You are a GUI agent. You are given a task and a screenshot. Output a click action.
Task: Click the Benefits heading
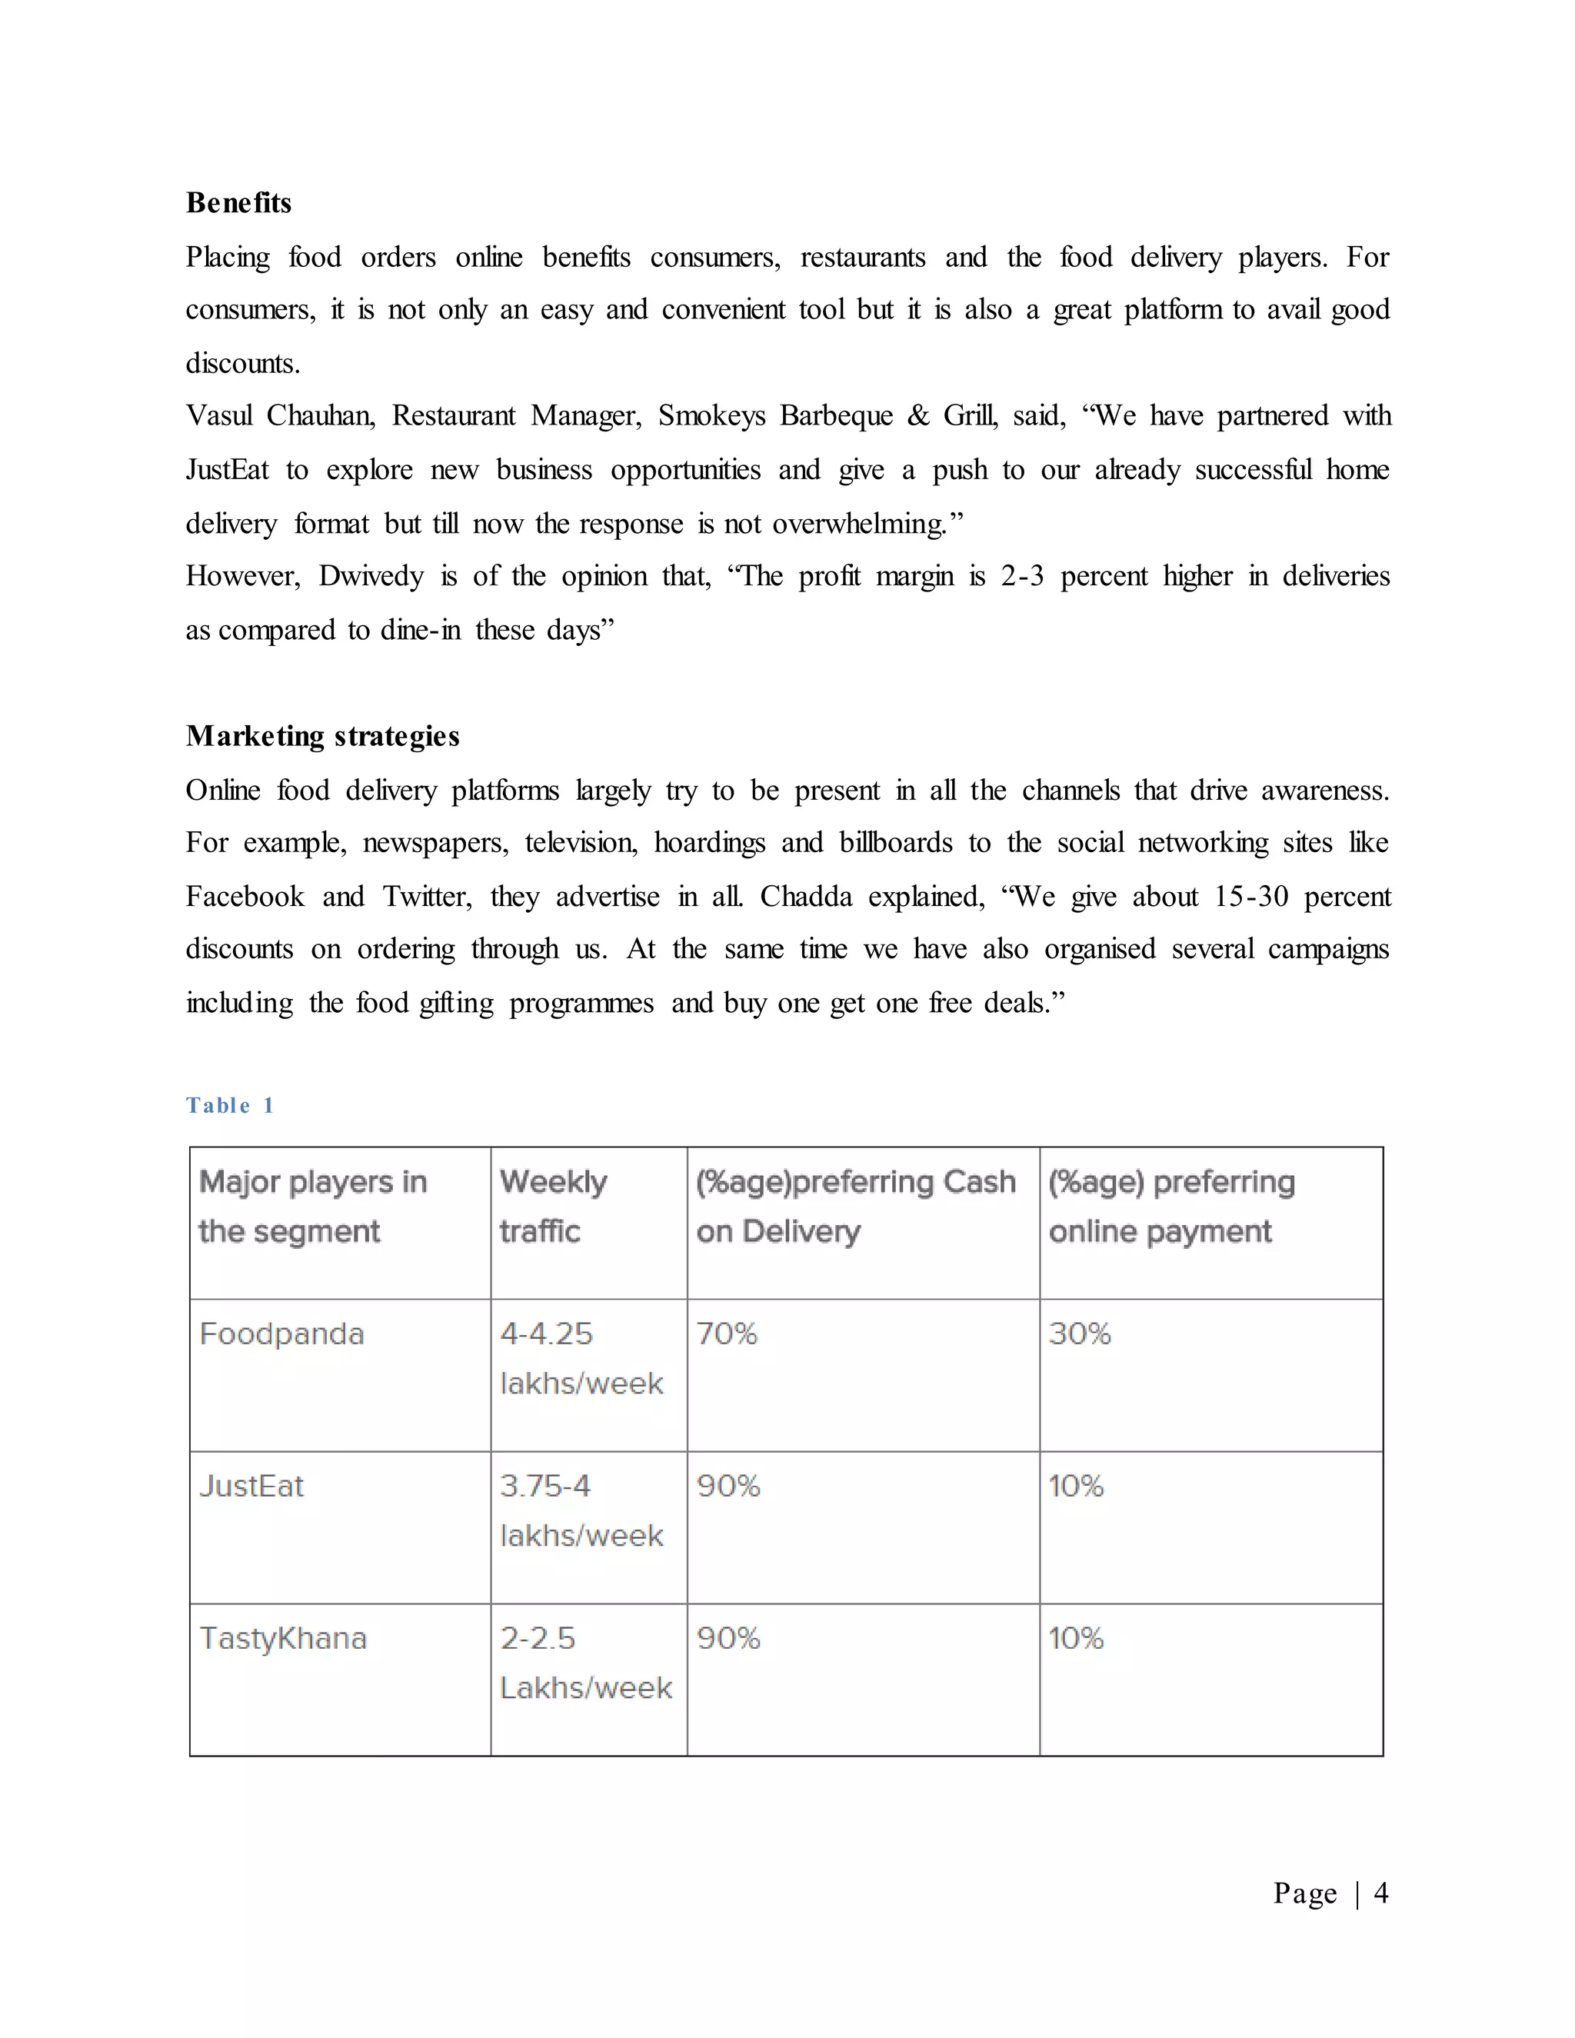pyautogui.click(x=239, y=202)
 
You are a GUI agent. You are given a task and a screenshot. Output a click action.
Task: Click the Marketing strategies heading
pyautogui.click(x=323, y=736)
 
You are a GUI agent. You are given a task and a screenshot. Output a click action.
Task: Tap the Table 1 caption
pyautogui.click(x=229, y=1106)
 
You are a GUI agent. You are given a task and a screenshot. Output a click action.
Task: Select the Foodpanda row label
pyautogui.click(x=281, y=1334)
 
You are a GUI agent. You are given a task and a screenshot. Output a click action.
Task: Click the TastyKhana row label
pyautogui.click(x=284, y=1639)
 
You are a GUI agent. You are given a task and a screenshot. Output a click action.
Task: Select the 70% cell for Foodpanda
pyautogui.click(x=727, y=1334)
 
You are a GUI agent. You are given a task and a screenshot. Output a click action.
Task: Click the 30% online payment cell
pyautogui.click(x=1080, y=1334)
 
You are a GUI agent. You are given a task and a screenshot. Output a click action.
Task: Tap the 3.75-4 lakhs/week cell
pyautogui.click(x=581, y=1510)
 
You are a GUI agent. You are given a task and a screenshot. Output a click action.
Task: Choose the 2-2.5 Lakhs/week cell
pyautogui.click(x=584, y=1663)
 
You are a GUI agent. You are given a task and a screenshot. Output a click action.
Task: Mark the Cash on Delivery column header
pyautogui.click(x=854, y=1206)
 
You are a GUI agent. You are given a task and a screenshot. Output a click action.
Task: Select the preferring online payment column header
pyautogui.click(x=1171, y=1206)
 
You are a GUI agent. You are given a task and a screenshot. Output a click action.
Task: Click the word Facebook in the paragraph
pyautogui.click(x=245, y=897)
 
